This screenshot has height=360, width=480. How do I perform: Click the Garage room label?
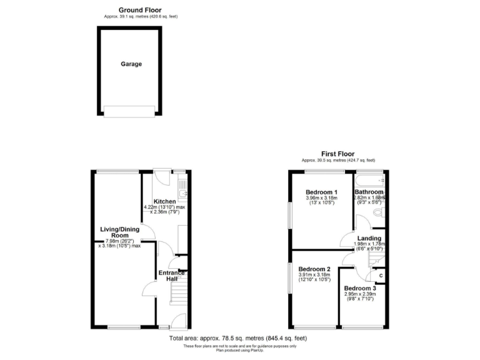(131, 64)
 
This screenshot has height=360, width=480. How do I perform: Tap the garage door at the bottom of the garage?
(130, 111)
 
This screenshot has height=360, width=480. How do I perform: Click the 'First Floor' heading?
(337, 154)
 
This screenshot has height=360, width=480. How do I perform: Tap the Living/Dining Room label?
(120, 233)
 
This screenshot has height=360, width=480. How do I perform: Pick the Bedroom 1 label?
(321, 192)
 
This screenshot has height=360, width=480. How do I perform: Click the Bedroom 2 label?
(314, 270)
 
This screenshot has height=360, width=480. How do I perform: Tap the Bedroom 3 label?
(359, 288)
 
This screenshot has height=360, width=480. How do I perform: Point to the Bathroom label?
(369, 191)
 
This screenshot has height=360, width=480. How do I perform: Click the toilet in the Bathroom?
(377, 214)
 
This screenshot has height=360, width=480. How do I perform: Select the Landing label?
(369, 238)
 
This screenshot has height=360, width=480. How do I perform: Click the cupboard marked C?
(381, 276)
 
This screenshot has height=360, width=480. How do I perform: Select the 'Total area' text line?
(238, 338)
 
